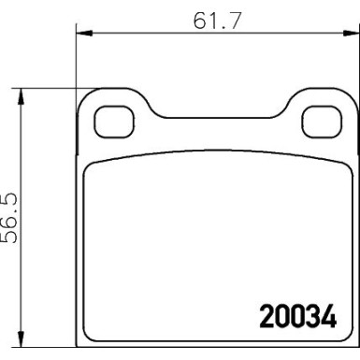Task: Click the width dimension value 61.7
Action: click(213, 19)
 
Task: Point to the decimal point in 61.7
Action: click(222, 25)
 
